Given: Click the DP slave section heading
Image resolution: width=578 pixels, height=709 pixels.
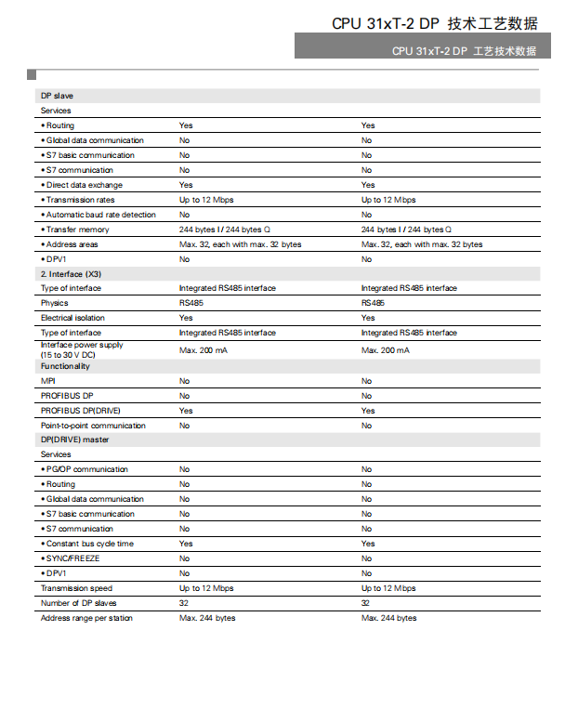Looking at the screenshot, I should [57, 96].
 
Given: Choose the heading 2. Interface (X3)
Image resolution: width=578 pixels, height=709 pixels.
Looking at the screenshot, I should [71, 274].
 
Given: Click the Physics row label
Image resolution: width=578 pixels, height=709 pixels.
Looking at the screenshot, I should [54, 303].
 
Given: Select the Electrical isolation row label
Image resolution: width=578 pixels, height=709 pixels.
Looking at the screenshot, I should [71, 318].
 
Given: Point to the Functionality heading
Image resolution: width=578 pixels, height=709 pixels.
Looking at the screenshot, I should [65, 366].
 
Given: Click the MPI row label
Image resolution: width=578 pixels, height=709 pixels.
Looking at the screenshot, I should [47, 381].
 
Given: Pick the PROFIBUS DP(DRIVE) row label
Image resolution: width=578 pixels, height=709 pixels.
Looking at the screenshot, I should [80, 411].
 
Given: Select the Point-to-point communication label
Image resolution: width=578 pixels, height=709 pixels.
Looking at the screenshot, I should [93, 426].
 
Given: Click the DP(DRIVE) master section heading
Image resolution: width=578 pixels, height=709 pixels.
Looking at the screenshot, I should [74, 440].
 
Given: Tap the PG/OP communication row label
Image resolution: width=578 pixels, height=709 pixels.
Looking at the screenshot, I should [86, 469].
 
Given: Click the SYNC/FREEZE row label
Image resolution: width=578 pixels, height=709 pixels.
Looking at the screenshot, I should [72, 558].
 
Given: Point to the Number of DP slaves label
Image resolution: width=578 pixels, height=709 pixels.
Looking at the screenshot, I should [78, 603].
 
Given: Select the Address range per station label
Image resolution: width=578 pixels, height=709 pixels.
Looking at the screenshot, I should [86, 618].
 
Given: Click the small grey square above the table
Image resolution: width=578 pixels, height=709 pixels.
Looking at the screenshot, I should [32, 73].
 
